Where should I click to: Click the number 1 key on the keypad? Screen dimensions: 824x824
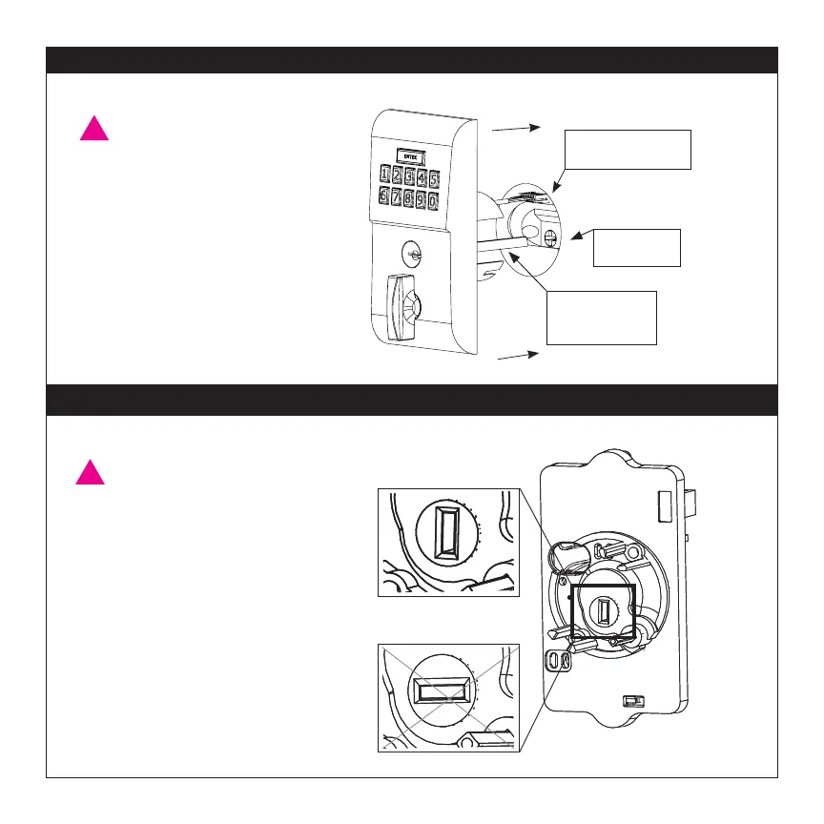point(385,175)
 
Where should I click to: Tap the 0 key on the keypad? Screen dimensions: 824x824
point(433,201)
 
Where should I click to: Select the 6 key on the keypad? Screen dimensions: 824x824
point(383,196)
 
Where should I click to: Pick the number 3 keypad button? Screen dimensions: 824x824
point(409,177)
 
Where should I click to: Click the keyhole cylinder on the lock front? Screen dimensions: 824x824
point(411,255)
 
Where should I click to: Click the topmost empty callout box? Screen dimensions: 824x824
point(628,148)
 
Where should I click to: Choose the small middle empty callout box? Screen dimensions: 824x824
point(636,247)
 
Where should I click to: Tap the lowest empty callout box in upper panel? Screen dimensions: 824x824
point(601,317)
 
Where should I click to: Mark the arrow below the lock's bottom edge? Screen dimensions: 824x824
point(519,355)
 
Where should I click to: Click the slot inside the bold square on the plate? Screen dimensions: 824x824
point(604,609)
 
